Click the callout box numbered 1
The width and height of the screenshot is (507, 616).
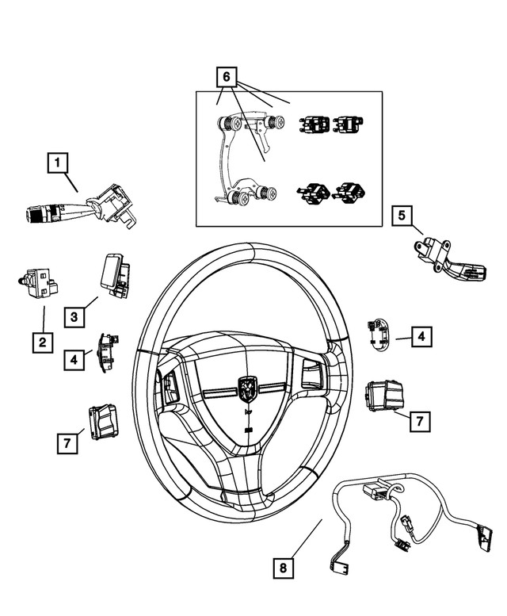[57, 164]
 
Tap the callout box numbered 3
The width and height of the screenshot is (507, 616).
[74, 317]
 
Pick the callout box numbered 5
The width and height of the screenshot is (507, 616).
[402, 215]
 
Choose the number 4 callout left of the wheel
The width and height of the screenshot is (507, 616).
[74, 359]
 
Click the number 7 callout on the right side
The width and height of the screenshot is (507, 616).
[420, 421]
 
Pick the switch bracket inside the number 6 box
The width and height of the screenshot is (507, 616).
[238, 159]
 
